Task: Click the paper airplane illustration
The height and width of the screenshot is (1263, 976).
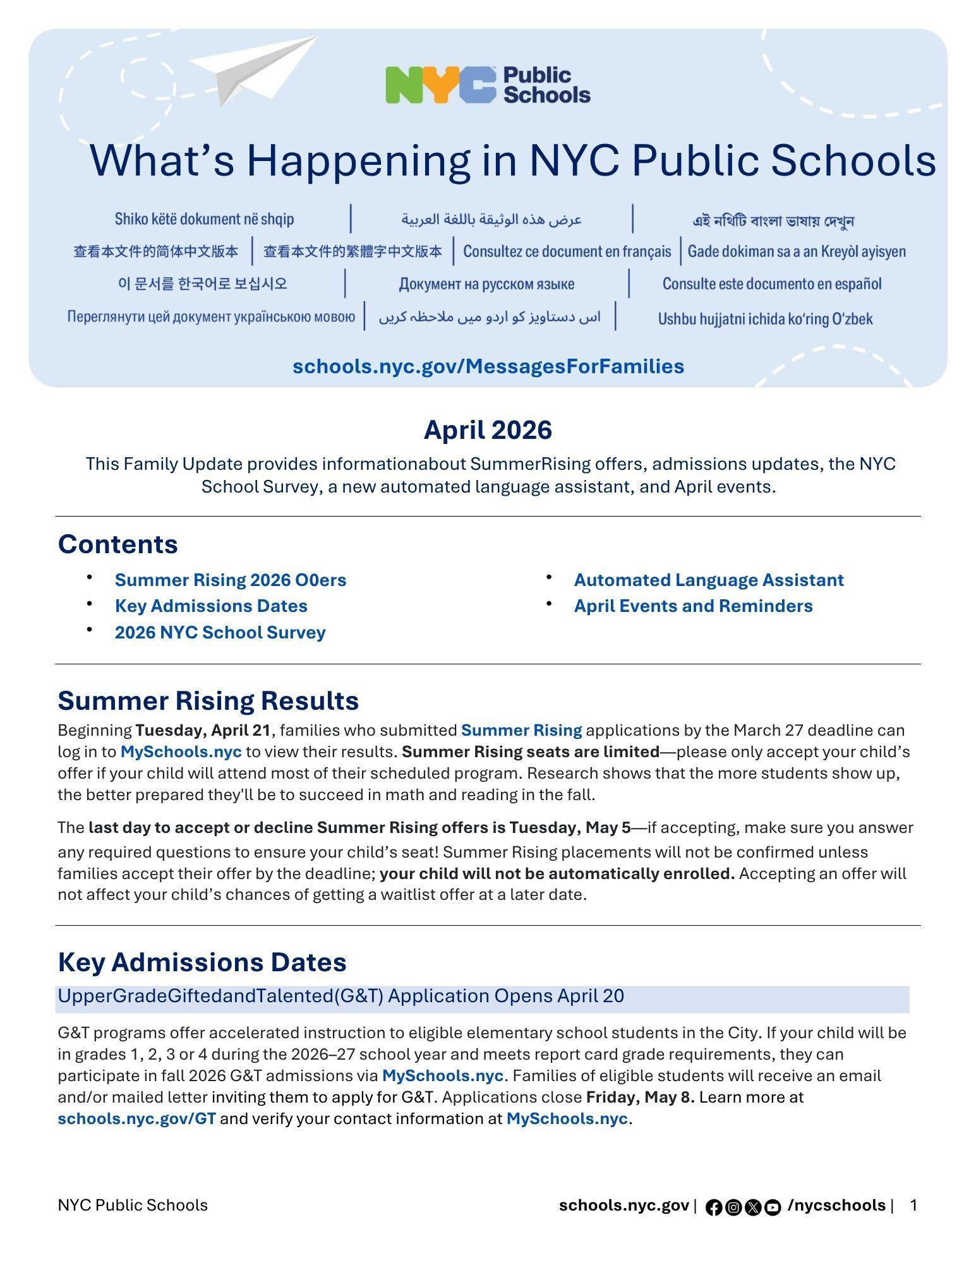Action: click(x=253, y=69)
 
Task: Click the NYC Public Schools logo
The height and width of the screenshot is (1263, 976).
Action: click(x=488, y=85)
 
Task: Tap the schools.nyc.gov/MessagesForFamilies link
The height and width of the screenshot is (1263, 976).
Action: click(x=488, y=366)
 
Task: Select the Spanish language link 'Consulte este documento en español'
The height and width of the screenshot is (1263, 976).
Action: click(x=771, y=284)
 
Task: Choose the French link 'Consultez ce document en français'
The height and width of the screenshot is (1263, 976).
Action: click(x=567, y=251)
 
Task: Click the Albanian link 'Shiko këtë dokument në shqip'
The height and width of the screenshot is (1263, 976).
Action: click(x=204, y=218)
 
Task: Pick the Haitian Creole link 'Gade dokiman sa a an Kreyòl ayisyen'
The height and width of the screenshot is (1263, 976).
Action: click(x=796, y=251)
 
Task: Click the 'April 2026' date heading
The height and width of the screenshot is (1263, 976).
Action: click(x=488, y=430)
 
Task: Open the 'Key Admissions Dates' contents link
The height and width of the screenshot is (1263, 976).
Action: click(x=211, y=606)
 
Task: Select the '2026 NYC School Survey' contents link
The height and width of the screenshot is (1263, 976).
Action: click(x=220, y=632)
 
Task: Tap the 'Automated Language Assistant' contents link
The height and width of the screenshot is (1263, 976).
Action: click(x=708, y=580)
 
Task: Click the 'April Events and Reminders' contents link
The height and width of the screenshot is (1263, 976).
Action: click(x=693, y=606)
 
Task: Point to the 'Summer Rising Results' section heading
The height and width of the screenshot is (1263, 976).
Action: click(x=208, y=700)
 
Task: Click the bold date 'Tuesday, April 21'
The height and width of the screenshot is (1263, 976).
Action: click(x=203, y=730)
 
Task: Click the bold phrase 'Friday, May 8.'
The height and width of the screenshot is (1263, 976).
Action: click(x=640, y=1097)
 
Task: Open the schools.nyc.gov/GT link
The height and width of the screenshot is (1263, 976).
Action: click(x=136, y=1118)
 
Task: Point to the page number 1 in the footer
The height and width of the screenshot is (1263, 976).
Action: click(x=913, y=1206)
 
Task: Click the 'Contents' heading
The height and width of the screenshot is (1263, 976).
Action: click(x=117, y=544)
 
